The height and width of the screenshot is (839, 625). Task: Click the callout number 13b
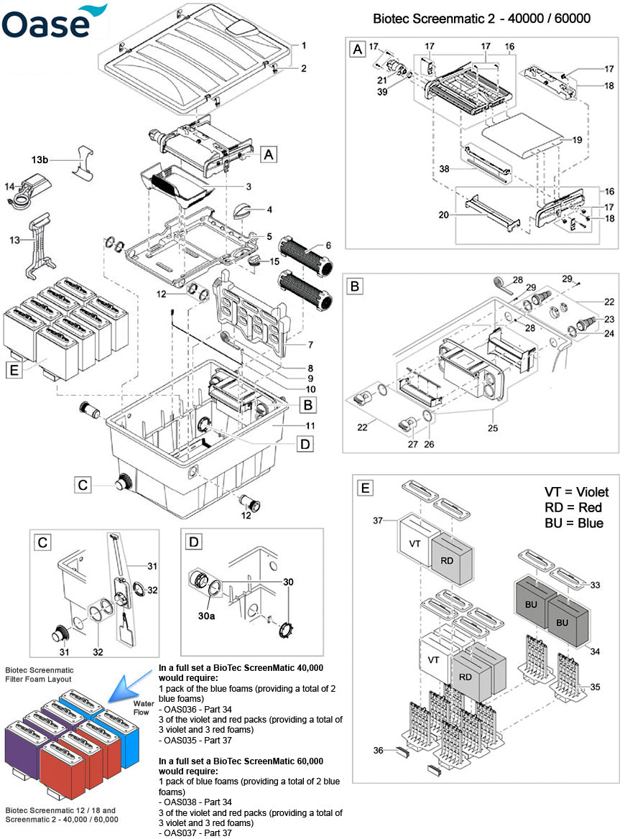tap(60, 160)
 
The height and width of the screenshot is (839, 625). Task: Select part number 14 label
tap(10, 185)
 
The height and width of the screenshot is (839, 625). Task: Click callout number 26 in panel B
tap(429, 444)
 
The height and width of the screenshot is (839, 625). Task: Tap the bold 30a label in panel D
tap(206, 616)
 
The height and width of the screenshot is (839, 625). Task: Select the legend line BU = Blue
tap(573, 523)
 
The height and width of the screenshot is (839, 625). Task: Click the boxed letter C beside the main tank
tap(83, 486)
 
